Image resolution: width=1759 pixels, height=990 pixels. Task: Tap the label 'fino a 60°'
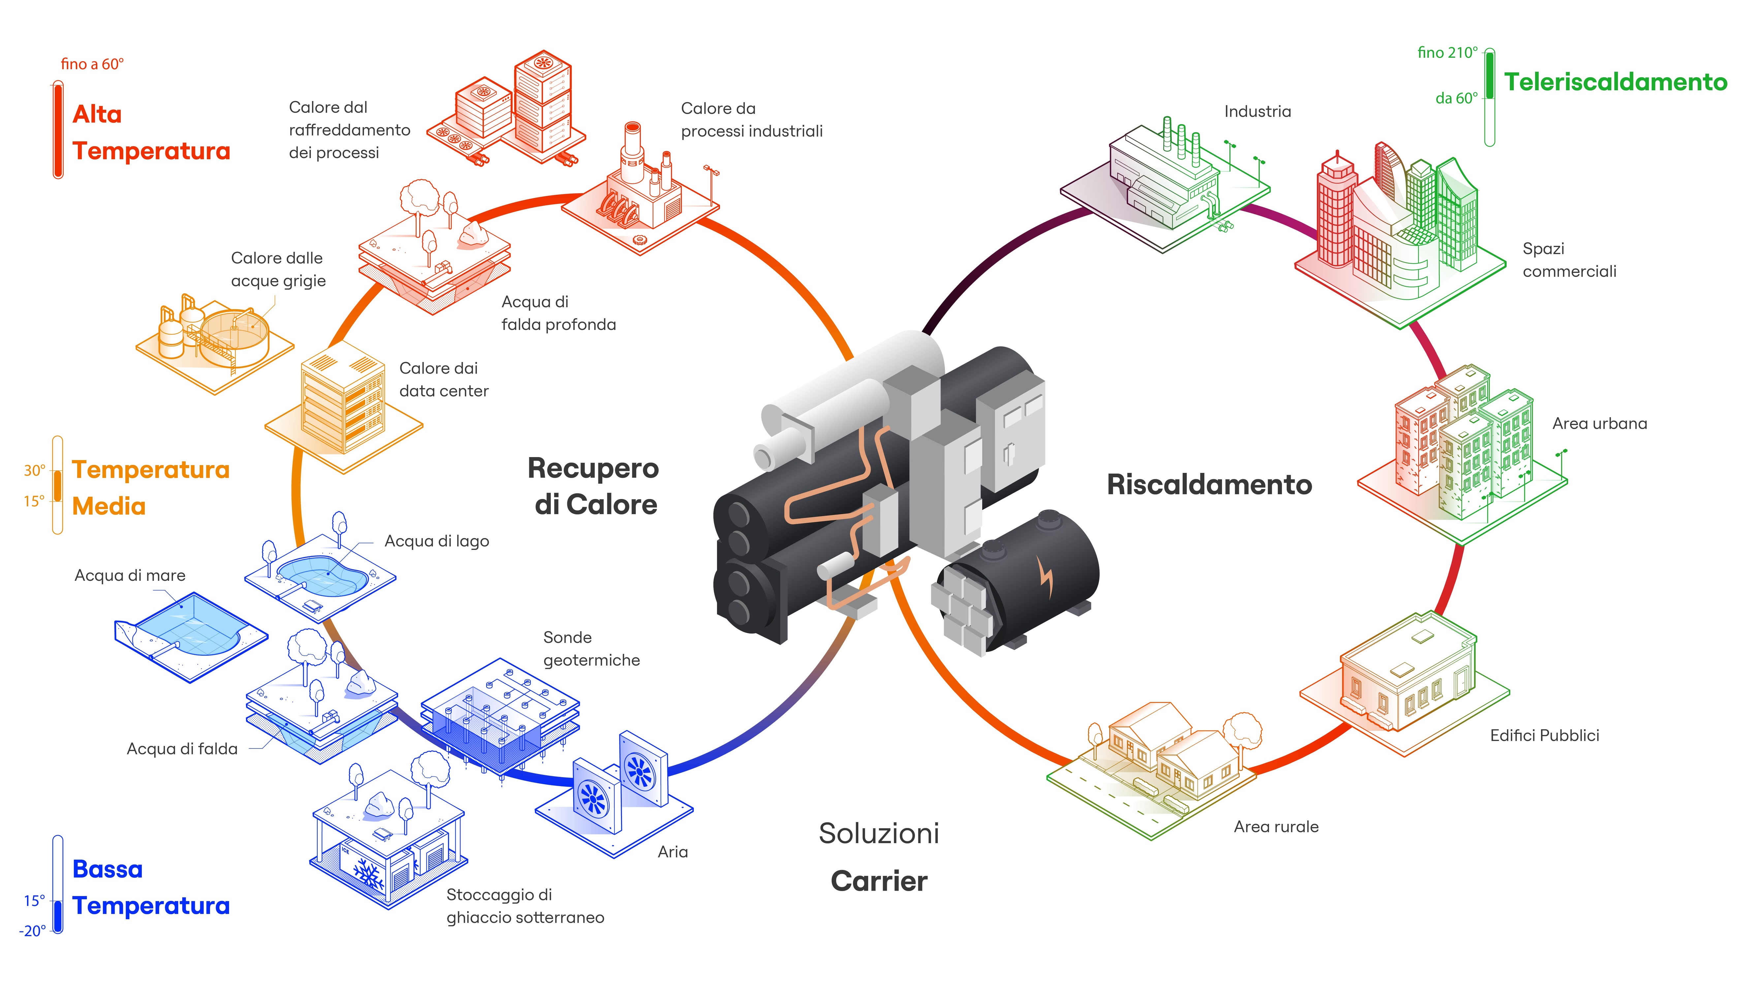pyautogui.click(x=92, y=64)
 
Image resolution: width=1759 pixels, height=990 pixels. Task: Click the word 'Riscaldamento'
pyautogui.click(x=1209, y=484)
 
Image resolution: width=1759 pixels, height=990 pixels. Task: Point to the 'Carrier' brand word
pyautogui.click(x=879, y=881)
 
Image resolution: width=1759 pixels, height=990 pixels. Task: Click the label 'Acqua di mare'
pyautogui.click(x=130, y=575)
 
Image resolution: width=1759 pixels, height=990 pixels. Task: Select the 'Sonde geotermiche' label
pyautogui.click(x=591, y=648)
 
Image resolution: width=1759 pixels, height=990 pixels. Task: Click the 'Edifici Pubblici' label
pyautogui.click(x=1544, y=735)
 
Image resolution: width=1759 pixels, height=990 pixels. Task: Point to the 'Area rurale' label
pyautogui.click(x=1275, y=827)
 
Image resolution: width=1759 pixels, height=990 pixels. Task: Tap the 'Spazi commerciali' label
pyautogui.click(x=1568, y=260)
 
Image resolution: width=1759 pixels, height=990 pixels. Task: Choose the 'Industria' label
pyautogui.click(x=1257, y=111)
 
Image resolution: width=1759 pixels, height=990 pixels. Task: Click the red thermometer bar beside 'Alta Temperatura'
pyautogui.click(x=58, y=130)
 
